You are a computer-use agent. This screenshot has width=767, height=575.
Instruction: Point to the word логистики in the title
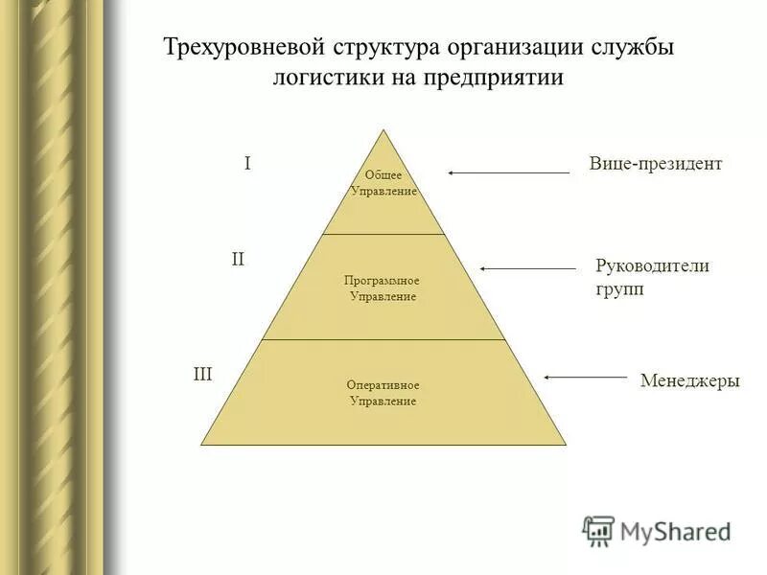(327, 78)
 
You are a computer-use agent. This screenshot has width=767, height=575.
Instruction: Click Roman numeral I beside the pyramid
(247, 164)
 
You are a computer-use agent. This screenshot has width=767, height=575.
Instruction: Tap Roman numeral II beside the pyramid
(238, 259)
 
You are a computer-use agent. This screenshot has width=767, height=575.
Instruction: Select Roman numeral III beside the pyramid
(203, 375)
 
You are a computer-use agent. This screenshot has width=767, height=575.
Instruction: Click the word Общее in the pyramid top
(383, 175)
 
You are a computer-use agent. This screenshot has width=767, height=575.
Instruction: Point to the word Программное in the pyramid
(383, 281)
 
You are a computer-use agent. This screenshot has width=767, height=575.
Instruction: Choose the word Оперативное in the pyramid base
(383, 385)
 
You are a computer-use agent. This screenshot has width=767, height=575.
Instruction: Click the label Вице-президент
(655, 164)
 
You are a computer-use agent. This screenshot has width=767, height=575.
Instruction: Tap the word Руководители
(653, 266)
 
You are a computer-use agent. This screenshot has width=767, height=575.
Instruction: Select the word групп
(619, 288)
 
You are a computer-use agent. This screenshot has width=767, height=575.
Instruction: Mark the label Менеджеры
(689, 380)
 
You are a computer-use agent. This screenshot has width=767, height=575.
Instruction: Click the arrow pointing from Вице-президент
(508, 172)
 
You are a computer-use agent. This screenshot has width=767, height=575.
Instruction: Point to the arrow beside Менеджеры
(585, 378)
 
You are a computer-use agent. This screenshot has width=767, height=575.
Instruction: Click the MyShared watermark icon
(598, 530)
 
